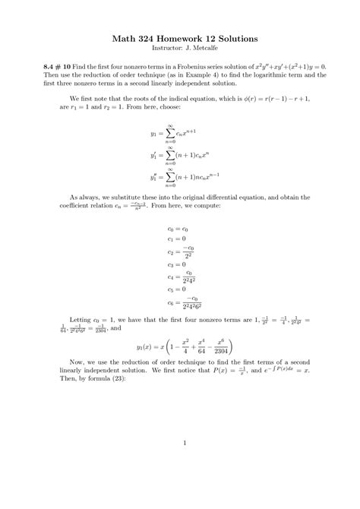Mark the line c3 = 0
(177, 264)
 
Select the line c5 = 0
(177, 289)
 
